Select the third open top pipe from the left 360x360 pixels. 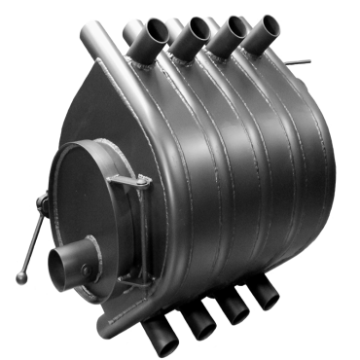click(227, 29)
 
